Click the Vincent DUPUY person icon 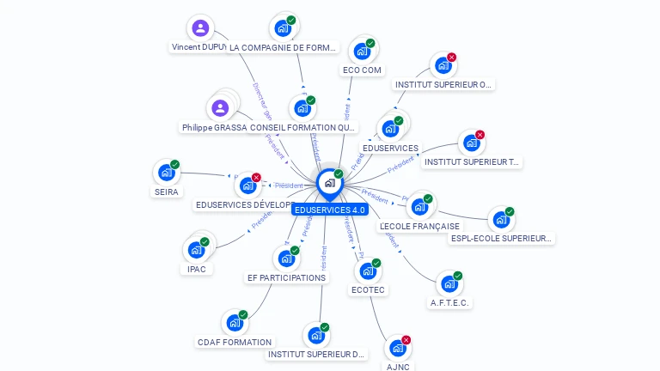pos(200,27)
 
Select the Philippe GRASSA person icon pos(220,108)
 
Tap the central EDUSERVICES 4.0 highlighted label pos(330,210)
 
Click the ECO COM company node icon pos(362,51)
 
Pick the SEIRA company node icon pos(166,173)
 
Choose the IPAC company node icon pos(196,250)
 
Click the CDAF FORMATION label pos(235,342)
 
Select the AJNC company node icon pos(397,348)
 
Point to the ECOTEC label pos(368,290)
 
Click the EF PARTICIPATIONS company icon pos(286,258)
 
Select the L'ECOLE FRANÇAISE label pos(419,227)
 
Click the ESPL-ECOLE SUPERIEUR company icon pos(500,219)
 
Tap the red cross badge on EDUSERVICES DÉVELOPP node pos(256,178)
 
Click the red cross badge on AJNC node pos(406,340)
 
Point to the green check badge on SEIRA pos(174,165)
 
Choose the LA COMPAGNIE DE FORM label pos(283,47)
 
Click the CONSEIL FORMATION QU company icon pos(302,108)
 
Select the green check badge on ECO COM pos(370,43)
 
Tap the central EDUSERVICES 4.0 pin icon pos(329,183)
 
